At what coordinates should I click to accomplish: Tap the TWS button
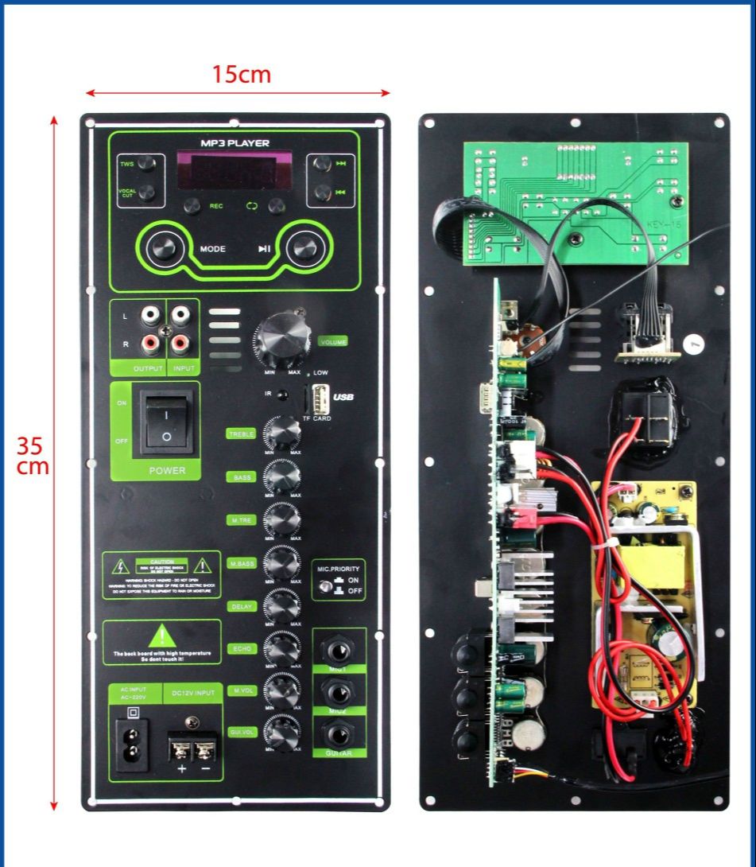point(146,163)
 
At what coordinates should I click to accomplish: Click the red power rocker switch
point(166,422)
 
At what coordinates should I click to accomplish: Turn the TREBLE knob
point(282,433)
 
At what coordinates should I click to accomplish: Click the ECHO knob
point(282,648)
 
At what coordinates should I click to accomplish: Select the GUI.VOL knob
point(282,733)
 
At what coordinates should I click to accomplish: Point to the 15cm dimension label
point(241,75)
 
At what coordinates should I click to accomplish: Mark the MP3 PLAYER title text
point(235,143)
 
